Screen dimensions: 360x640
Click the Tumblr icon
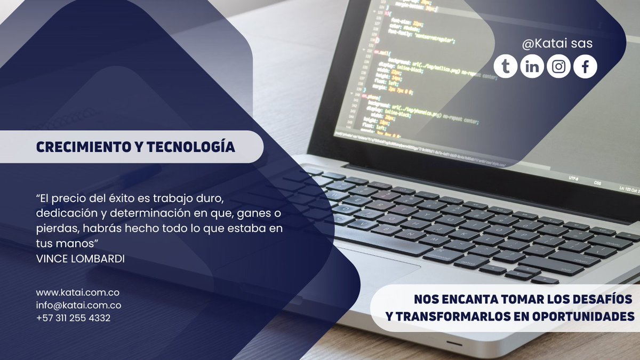click(x=505, y=67)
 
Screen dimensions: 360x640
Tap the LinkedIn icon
click(x=532, y=67)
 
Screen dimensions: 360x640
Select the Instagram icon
click(x=558, y=67)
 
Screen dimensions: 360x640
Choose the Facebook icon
click(x=585, y=67)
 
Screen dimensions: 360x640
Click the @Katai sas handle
click(x=557, y=44)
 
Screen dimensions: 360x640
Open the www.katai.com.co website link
click(x=77, y=293)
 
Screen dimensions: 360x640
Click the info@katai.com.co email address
click(x=78, y=306)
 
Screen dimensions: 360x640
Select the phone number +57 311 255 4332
click(x=74, y=318)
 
